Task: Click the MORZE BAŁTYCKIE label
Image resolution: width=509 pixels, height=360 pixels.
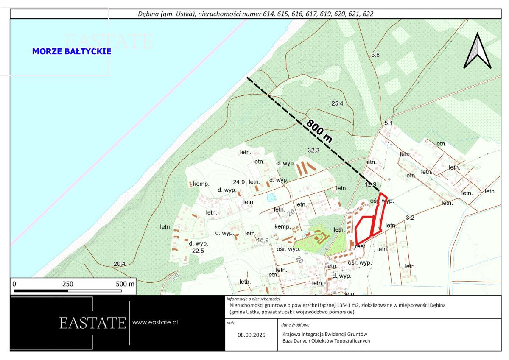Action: point(72,51)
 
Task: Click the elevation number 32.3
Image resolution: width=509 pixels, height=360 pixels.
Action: point(313,150)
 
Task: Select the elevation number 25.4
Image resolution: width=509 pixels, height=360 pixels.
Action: point(337,103)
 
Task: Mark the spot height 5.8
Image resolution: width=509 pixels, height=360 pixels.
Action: point(375,55)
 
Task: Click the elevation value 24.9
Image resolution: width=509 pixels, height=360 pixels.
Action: point(239,182)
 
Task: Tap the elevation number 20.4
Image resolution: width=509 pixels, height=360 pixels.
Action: point(120,264)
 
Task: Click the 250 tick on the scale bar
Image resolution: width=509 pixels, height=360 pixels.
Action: point(68,284)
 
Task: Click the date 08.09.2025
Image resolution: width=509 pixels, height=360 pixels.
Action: point(251,335)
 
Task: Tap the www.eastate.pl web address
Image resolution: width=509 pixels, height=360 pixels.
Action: point(155,322)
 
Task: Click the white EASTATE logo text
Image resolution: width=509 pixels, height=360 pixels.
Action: point(92,323)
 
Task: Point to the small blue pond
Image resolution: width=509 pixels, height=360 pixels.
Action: point(271,197)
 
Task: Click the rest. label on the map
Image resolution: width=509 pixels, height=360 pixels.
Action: point(361,246)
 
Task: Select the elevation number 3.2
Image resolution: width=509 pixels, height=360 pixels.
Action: point(410,218)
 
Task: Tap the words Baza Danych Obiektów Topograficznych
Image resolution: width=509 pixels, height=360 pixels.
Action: point(326,341)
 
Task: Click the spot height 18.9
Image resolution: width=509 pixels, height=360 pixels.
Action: point(263,240)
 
